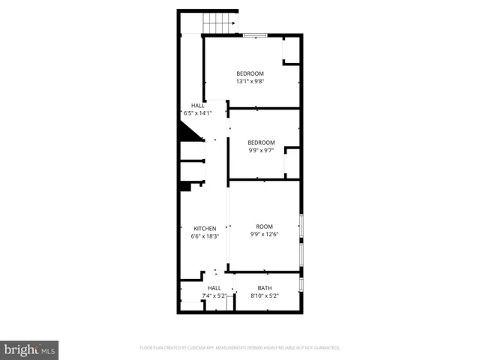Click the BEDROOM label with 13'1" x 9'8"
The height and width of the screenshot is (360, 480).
pos(250,73)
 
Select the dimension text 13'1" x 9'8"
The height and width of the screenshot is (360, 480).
pos(250,81)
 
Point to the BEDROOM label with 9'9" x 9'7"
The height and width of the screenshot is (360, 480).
pos(261,142)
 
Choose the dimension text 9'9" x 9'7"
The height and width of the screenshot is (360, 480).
pos(261,150)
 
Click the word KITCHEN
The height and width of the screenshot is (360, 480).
pos(205,229)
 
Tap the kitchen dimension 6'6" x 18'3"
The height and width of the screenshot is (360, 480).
pos(205,236)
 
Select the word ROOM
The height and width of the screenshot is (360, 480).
pos(264,226)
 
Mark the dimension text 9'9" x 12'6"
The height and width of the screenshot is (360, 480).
pos(264,234)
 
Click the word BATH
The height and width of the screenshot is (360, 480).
pos(265,288)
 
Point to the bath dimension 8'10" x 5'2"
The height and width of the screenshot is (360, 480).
pos(265,295)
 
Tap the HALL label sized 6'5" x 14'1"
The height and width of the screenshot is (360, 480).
pos(198,106)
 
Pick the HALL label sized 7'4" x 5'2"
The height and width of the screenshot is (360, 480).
pos(214,288)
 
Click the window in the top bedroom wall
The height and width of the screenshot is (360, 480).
pos(256,34)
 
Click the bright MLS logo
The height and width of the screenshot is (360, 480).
pos(30,349)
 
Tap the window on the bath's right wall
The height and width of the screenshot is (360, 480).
pos(301,284)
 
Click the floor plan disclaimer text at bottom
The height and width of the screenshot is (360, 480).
pos(240,348)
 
